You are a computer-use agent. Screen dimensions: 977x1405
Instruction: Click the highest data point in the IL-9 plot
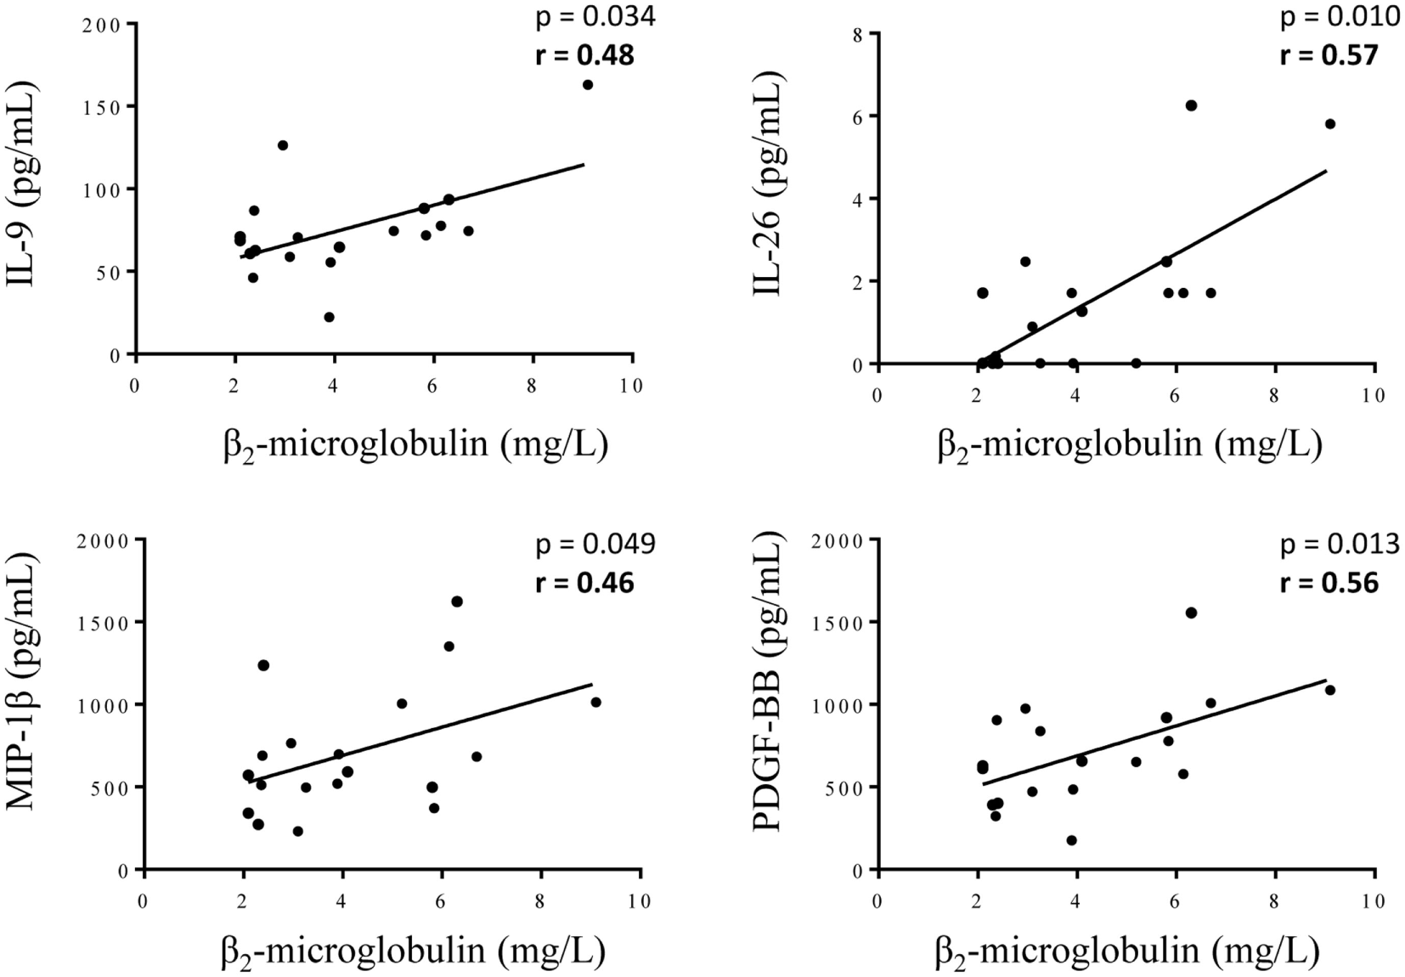click(588, 84)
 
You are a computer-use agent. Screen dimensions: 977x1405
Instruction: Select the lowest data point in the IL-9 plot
click(329, 317)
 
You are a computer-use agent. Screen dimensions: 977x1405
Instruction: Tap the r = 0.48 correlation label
click(584, 55)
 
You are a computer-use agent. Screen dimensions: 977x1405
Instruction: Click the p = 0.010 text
click(1340, 16)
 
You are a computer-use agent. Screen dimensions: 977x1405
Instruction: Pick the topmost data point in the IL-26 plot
click(1191, 105)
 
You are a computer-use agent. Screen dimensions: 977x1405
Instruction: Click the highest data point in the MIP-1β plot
click(457, 601)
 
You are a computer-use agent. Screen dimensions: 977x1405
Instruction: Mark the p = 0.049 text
click(595, 544)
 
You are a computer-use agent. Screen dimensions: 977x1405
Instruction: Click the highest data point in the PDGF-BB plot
click(1191, 613)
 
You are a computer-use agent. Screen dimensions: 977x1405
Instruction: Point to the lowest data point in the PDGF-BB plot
click(1072, 840)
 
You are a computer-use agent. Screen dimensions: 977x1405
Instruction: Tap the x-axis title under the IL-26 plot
click(1130, 443)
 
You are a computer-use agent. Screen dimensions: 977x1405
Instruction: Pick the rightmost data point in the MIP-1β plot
click(595, 702)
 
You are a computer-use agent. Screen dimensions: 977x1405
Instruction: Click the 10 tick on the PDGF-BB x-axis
click(1373, 901)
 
